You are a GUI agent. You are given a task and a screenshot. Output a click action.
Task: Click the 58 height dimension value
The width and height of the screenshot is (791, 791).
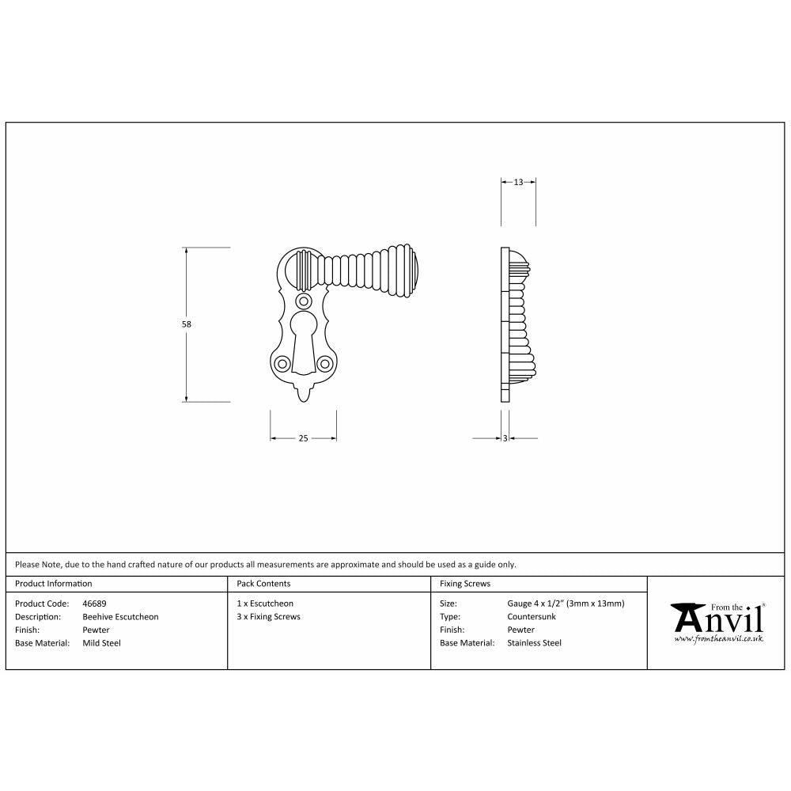187,324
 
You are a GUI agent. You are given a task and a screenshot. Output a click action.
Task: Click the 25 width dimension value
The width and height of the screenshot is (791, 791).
303,438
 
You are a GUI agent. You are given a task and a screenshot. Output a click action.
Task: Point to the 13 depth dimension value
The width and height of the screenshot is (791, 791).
519,182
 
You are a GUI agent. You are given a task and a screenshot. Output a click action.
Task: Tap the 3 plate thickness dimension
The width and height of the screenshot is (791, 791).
505,438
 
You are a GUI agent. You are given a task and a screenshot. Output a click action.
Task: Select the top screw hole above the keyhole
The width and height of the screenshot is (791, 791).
303,301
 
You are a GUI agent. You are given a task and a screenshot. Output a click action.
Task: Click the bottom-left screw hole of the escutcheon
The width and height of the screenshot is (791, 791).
282,363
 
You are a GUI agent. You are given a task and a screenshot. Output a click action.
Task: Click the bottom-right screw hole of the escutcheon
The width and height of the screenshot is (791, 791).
324,363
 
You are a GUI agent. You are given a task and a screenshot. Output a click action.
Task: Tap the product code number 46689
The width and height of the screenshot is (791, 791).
95,604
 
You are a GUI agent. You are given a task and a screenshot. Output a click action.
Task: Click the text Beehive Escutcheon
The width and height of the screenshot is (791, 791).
120,617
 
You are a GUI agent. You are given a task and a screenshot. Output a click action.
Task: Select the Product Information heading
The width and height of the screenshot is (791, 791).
54,584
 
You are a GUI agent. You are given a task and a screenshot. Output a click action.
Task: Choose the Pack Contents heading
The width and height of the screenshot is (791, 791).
263,584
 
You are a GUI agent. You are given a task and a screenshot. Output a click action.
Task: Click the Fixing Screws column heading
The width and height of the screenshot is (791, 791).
465,584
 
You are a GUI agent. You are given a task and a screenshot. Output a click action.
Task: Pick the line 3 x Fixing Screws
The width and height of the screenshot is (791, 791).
268,617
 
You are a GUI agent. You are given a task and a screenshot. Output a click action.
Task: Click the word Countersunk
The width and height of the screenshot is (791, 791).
532,617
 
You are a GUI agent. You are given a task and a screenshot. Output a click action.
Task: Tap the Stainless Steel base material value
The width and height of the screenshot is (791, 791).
534,643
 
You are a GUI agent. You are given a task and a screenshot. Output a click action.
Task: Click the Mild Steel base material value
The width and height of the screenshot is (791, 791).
102,643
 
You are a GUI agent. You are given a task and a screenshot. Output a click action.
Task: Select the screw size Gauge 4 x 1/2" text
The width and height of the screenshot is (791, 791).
566,604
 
